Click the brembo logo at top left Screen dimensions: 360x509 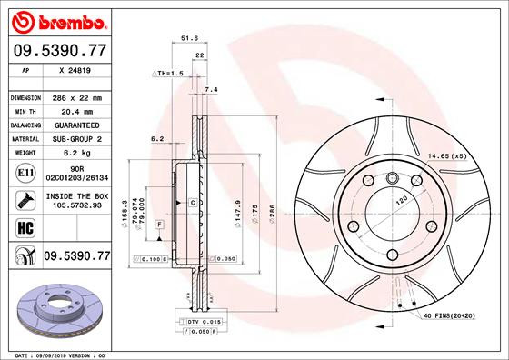point(56,21)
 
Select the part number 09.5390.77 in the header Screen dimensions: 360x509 point(59,54)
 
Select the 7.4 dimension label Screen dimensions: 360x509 point(212,89)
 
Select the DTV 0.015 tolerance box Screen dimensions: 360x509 point(203,323)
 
